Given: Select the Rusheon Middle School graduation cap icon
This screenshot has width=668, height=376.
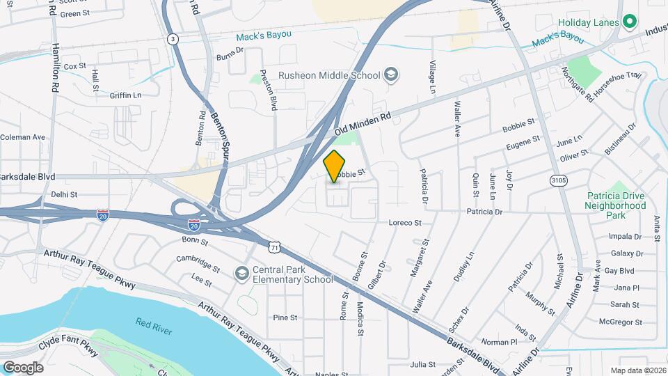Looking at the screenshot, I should [391, 75].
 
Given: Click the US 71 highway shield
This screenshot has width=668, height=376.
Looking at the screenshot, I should [276, 247].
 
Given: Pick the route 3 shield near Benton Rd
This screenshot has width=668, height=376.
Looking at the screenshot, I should [172, 40].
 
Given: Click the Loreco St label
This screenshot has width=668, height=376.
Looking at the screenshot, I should [405, 223].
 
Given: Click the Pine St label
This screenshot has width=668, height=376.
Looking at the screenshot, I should [285, 318].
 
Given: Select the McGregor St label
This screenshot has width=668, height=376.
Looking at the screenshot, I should [624, 322].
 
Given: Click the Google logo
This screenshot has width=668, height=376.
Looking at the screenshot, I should [23, 367].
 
